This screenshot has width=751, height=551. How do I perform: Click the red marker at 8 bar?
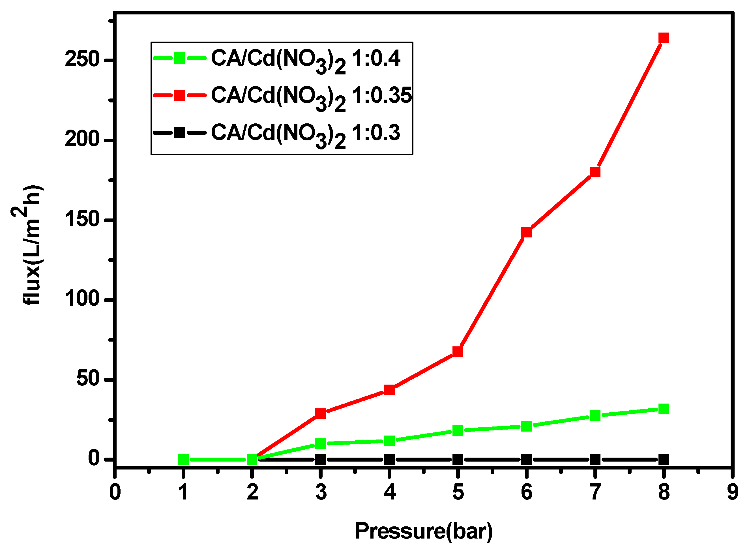point(664,38)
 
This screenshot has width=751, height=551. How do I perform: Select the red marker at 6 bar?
point(526,232)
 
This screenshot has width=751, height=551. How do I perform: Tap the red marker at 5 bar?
point(458,351)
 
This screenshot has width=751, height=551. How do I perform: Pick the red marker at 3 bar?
point(321,413)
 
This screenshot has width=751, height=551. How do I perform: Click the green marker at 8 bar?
point(664,409)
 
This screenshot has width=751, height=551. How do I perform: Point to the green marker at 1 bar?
point(183,460)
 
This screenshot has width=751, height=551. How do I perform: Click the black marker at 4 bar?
point(389,460)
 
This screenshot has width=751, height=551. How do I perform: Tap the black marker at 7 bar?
point(595,460)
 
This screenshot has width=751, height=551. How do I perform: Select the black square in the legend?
point(180,133)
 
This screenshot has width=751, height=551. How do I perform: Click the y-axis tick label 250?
point(82,60)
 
